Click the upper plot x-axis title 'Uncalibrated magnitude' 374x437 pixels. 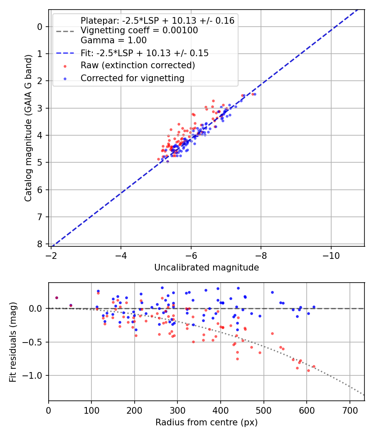[207, 268]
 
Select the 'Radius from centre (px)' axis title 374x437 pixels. [207, 422]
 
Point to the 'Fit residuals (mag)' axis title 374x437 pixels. [13, 342]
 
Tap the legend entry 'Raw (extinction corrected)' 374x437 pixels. [138, 65]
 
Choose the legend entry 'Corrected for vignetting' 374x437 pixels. [132, 78]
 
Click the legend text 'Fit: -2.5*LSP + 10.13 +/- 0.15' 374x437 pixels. [145, 53]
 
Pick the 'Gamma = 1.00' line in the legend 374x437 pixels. [113, 40]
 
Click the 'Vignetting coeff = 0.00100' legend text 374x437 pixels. [139, 30]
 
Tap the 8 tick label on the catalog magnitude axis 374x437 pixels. [40, 244]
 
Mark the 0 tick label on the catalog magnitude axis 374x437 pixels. [40, 27]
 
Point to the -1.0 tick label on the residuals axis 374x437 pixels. [35, 376]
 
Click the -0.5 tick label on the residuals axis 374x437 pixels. [35, 342]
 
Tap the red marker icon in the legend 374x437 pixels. [65, 66]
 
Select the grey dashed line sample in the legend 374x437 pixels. [65, 31]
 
